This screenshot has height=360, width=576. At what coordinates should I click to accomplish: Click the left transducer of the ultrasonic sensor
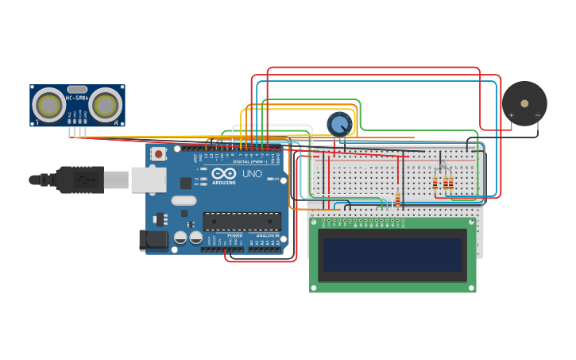tap(49, 104)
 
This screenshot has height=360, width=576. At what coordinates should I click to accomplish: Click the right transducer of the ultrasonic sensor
tap(105, 104)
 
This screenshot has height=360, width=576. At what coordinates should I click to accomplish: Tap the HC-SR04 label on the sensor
tap(77, 98)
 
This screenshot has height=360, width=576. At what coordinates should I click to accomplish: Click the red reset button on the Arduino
tap(159, 153)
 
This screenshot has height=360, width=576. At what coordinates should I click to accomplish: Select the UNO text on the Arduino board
tap(252, 173)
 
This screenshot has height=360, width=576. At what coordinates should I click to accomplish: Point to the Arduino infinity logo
tap(223, 173)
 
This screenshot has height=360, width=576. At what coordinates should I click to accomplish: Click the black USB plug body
tap(79, 180)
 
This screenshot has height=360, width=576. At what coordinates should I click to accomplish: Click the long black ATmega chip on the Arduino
tap(242, 221)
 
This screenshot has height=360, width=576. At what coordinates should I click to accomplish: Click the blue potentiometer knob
tap(340, 124)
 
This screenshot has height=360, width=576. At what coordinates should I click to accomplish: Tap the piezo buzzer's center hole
tap(524, 103)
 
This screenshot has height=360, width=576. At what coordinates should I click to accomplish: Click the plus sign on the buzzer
tap(511, 115)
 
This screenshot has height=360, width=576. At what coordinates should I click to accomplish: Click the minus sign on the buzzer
tap(537, 115)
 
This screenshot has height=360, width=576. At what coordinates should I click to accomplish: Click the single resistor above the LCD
tap(397, 199)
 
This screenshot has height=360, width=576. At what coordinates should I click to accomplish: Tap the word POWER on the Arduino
tap(235, 235)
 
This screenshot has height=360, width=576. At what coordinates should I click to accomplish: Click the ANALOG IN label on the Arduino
tap(267, 235)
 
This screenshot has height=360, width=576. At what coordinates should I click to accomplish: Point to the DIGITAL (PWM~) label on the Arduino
tap(249, 161)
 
